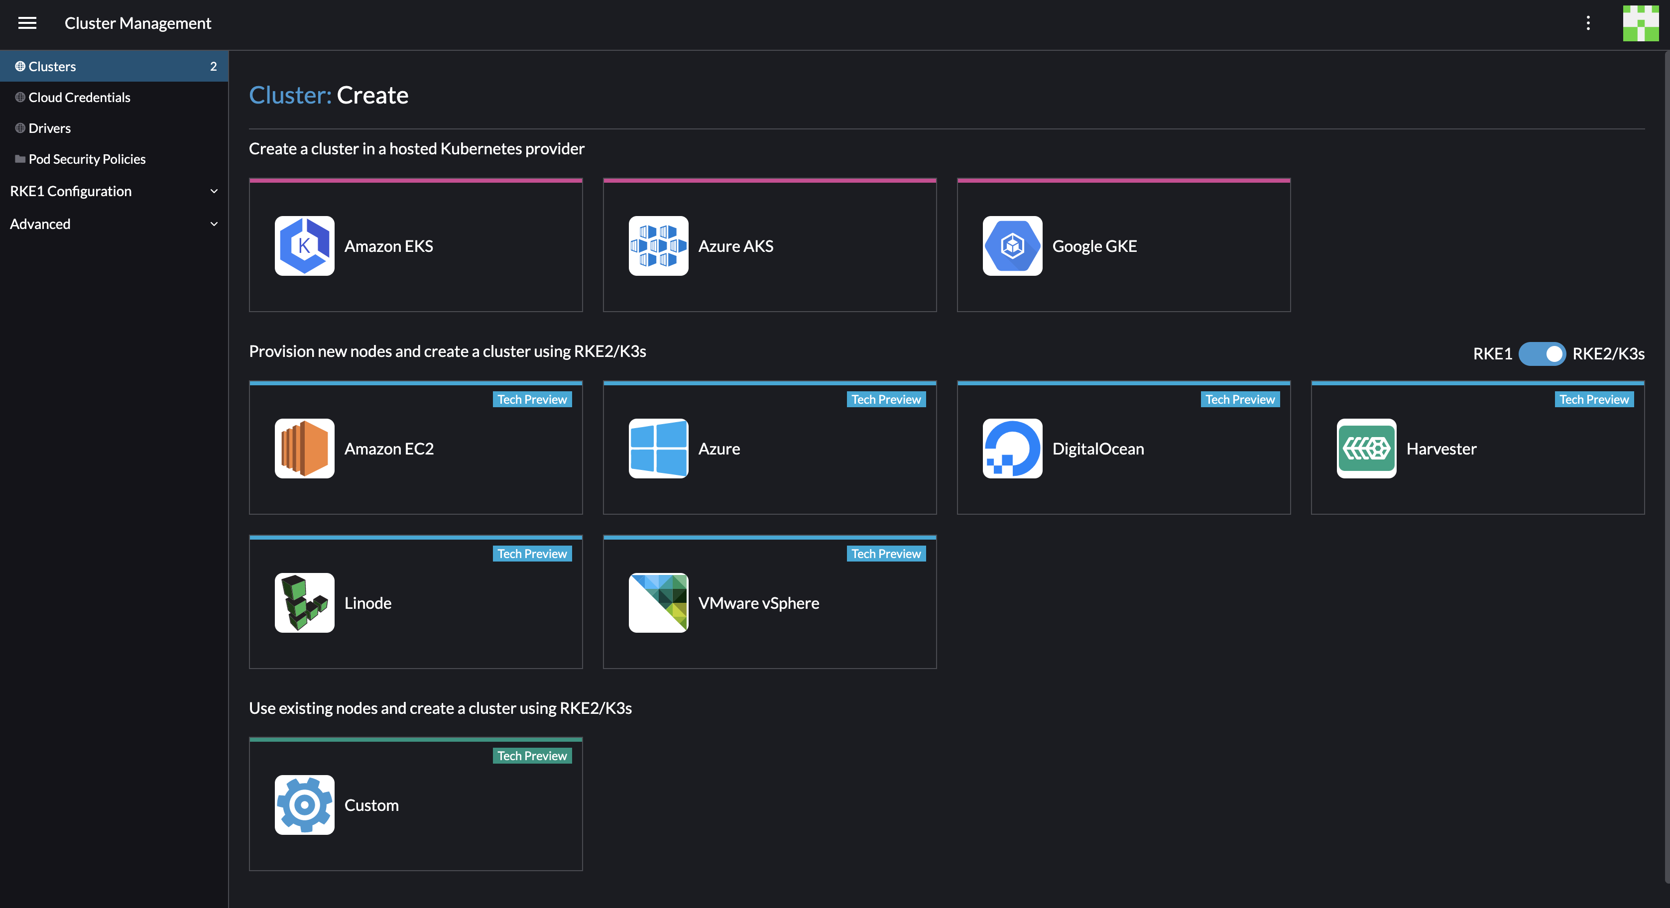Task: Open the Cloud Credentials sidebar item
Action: [x=79, y=97]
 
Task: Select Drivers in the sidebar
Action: [x=49, y=128]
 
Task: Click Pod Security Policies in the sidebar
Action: [x=87, y=159]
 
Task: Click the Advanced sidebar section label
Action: [x=40, y=224]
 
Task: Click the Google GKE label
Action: [x=1094, y=246]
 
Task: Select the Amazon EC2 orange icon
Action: [x=304, y=449]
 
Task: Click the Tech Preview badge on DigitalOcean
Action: [x=1239, y=399]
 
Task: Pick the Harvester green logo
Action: [x=1366, y=449]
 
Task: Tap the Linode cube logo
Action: [x=304, y=603]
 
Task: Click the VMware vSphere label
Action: [x=758, y=603]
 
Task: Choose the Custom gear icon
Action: [x=304, y=805]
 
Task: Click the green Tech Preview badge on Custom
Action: [x=532, y=756]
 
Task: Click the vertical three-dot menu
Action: [x=1588, y=23]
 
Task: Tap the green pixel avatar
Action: [x=1640, y=23]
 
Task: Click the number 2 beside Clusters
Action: [x=213, y=66]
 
